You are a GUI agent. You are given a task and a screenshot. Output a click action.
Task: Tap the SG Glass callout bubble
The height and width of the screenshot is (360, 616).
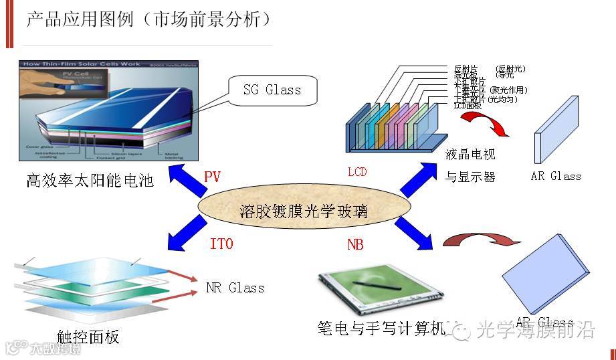pyautogui.click(x=272, y=89)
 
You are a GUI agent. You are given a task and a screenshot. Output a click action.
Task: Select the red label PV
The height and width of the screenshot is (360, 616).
pyautogui.click(x=212, y=177)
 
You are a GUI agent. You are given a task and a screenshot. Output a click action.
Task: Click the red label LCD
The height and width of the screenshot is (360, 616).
pyautogui.click(x=357, y=172)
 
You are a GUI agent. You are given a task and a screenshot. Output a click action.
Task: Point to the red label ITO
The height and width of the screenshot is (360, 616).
pyautogui.click(x=221, y=244)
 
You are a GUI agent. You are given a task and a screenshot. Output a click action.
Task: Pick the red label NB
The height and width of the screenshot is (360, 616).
pyautogui.click(x=355, y=245)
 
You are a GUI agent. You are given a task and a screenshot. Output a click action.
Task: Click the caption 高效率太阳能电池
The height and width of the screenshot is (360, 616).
pyautogui.click(x=90, y=180)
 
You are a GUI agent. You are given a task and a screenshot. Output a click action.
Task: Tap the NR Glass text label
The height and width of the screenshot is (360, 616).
pyautogui.click(x=235, y=288)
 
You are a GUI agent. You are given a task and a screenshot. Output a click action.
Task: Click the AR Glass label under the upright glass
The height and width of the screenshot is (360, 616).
pyautogui.click(x=555, y=176)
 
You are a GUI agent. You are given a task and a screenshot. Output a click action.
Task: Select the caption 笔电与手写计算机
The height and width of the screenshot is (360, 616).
pyautogui.click(x=381, y=329)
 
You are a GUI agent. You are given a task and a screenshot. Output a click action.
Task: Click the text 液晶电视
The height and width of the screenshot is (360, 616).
pyautogui.click(x=470, y=155)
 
